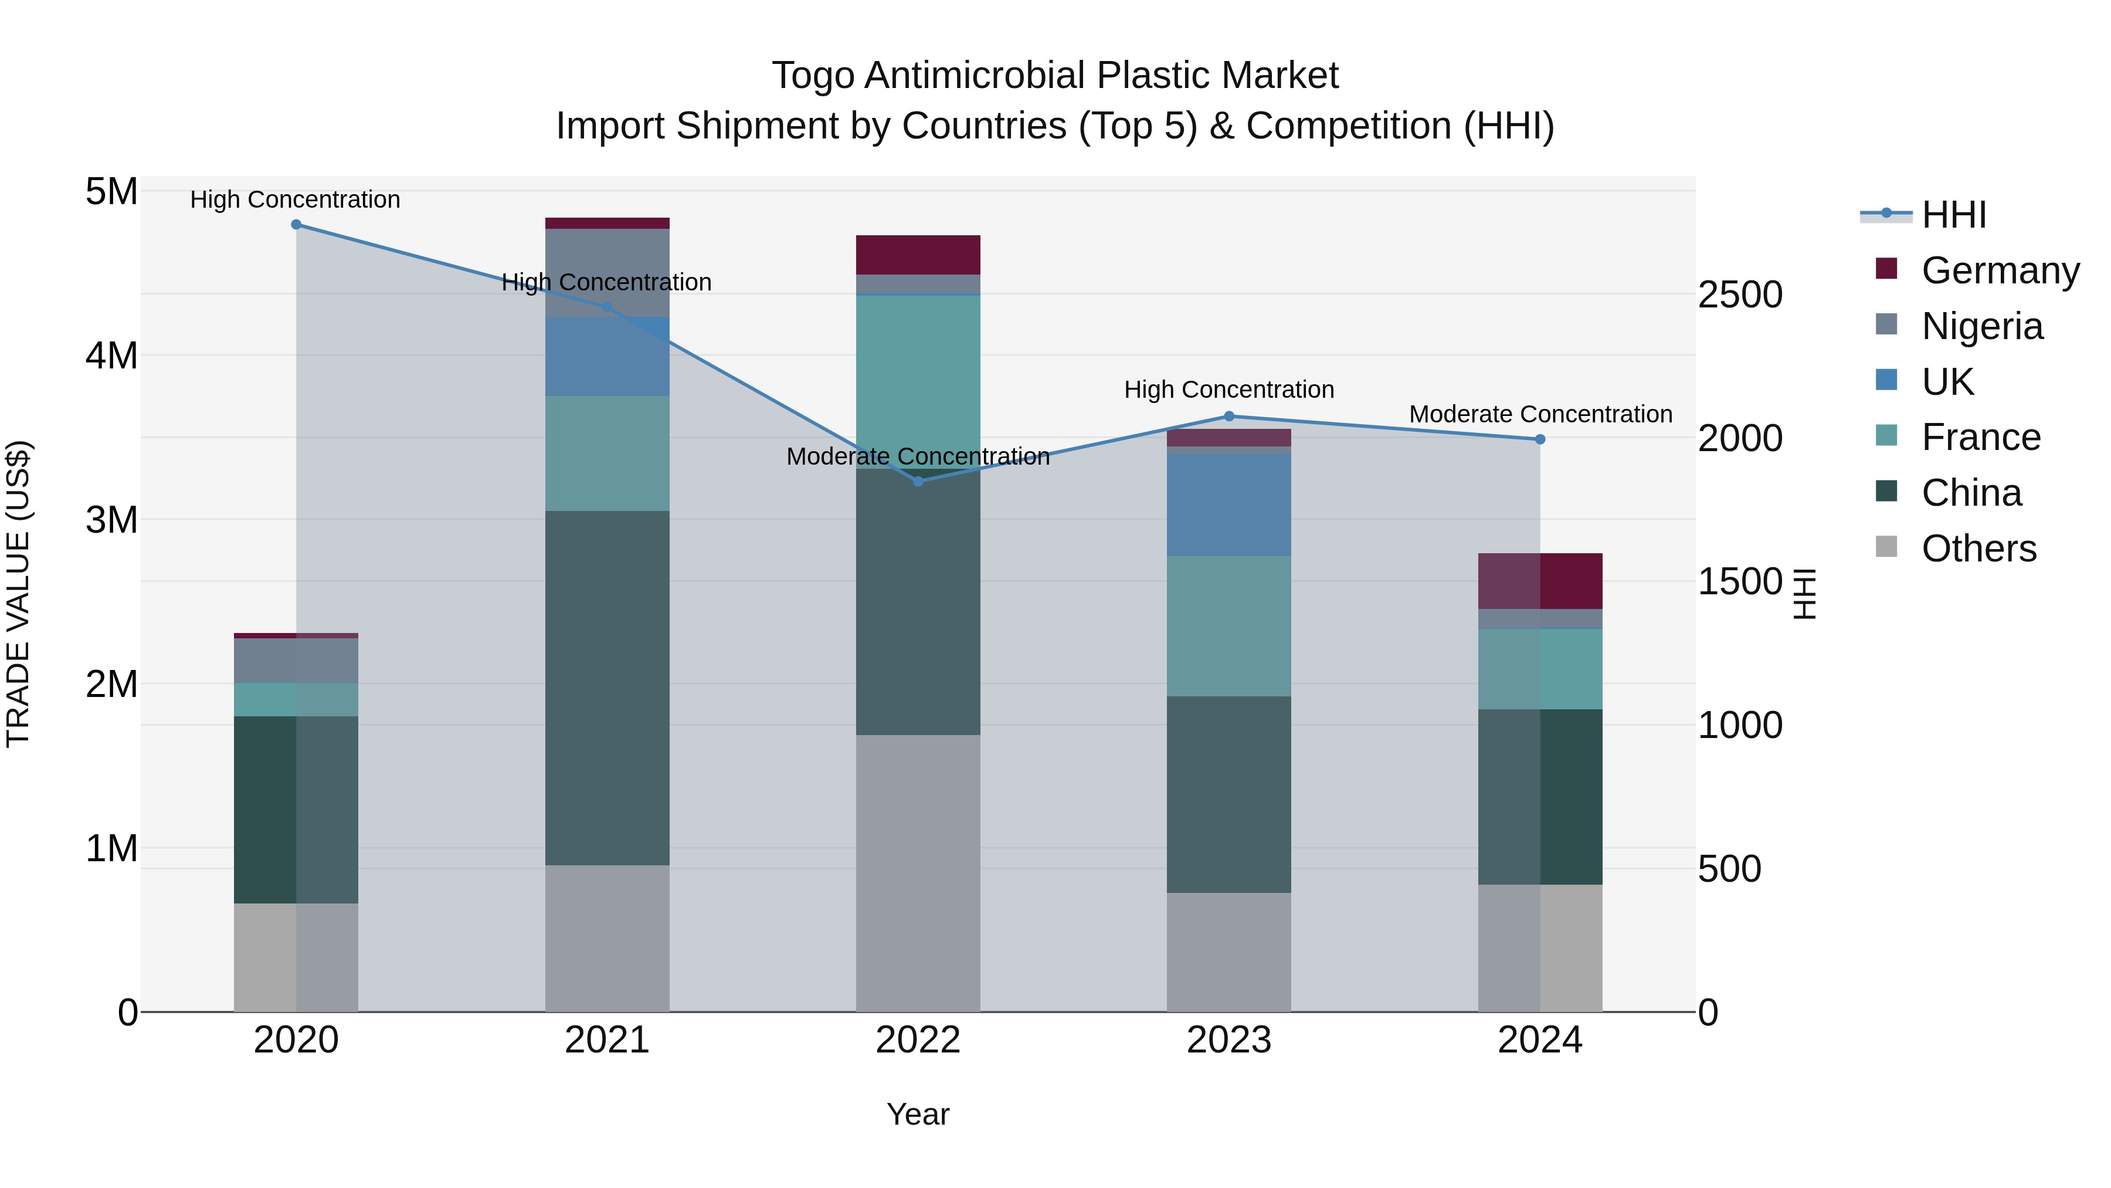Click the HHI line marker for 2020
[296, 225]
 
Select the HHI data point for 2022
[918, 481]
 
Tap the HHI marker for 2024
[1540, 439]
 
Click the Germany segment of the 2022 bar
[918, 255]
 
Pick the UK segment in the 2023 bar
[1228, 505]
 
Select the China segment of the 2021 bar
[607, 688]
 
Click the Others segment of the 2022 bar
[918, 872]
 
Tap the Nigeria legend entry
[1981, 326]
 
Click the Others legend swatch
[1886, 547]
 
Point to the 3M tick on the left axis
[111, 520]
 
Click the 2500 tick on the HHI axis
[1740, 295]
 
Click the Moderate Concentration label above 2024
[1540, 415]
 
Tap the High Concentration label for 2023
[1228, 390]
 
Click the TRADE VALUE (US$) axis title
[18, 594]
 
